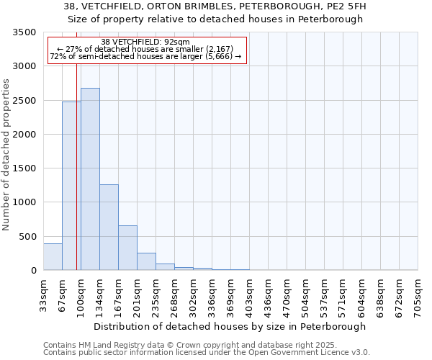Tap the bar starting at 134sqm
(x=109, y=227)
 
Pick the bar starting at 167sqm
(x=127, y=248)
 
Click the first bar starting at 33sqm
(x=53, y=257)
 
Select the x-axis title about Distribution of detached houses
(x=230, y=326)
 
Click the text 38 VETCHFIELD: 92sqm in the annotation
(x=145, y=42)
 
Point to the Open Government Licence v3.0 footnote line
(x=207, y=353)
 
